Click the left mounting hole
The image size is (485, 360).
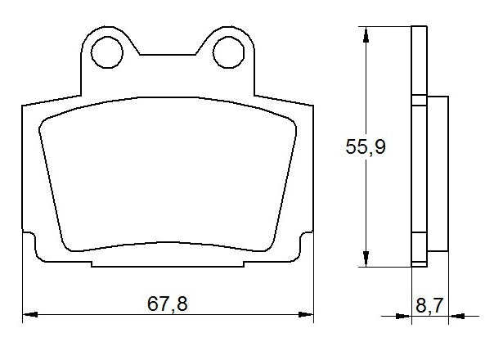[x=106, y=53]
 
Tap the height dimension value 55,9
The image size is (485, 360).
[x=365, y=147]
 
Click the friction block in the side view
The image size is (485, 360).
[x=438, y=174]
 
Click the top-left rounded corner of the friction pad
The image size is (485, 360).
[x=47, y=120]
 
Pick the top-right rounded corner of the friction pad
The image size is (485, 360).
[x=289, y=120]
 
